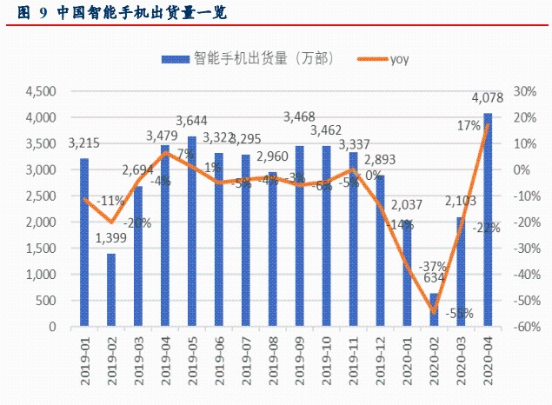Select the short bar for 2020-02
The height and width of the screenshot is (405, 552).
(434, 310)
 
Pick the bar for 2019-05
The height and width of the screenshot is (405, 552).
(192, 231)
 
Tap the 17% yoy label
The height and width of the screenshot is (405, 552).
(469, 126)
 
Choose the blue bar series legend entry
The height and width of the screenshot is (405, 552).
(230, 58)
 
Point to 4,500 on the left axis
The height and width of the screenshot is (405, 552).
(41, 91)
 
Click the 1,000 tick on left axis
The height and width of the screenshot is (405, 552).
(41, 275)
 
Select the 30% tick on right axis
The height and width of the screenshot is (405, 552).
(524, 91)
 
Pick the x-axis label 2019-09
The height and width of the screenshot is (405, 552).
(299, 361)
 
